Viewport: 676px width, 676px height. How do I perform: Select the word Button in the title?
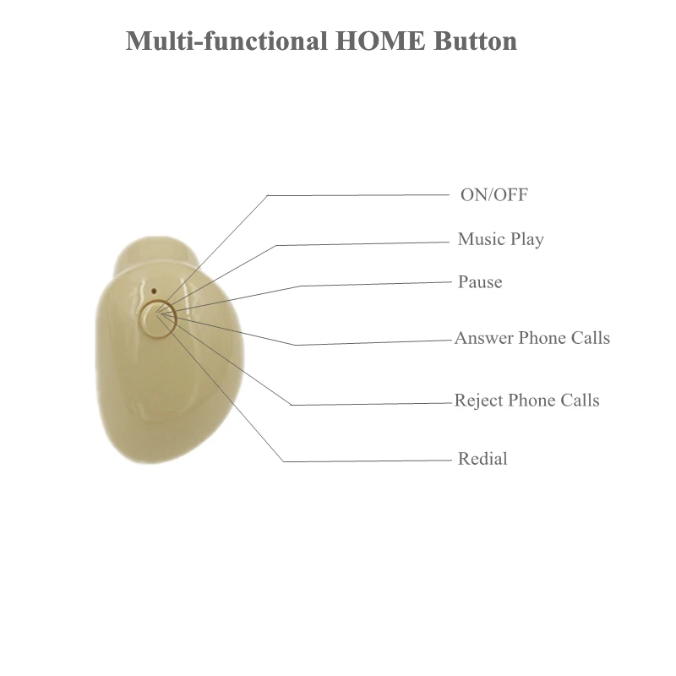click(474, 41)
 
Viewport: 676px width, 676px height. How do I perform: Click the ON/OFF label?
click(494, 195)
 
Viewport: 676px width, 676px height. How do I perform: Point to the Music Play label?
click(500, 239)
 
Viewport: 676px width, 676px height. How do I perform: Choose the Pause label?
click(480, 282)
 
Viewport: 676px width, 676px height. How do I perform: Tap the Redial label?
click(482, 460)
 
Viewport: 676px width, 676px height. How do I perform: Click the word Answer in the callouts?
click(483, 338)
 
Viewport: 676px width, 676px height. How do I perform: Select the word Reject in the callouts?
click(477, 400)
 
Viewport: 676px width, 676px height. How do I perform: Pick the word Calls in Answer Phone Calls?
click(588, 338)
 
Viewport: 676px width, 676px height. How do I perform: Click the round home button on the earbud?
click(159, 319)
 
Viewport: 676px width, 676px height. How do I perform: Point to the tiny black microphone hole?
click(155, 290)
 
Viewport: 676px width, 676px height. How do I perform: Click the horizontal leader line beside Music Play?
click(363, 243)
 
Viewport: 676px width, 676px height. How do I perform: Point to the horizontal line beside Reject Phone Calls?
click(372, 404)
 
